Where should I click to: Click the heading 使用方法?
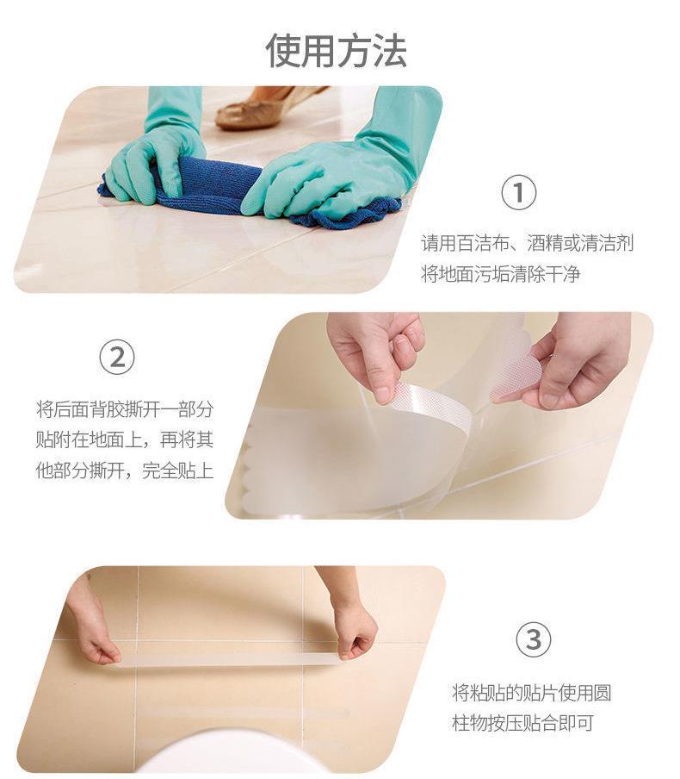point(336,51)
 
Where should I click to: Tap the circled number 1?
point(518,193)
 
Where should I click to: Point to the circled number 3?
point(533,640)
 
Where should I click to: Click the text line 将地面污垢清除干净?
point(501,275)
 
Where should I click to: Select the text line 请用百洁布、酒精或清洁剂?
point(527,243)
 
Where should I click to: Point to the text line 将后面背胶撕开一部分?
point(124,408)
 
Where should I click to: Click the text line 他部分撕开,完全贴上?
point(124,471)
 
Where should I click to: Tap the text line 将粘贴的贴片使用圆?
point(531,693)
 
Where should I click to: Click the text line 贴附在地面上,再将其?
point(124,439)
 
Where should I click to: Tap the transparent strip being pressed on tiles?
point(228,659)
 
